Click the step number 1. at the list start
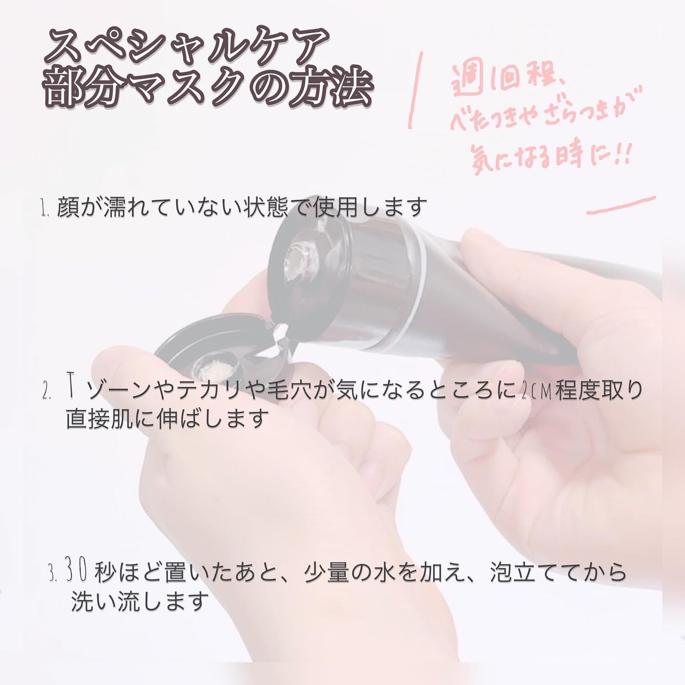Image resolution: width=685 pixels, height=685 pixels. click(46, 210)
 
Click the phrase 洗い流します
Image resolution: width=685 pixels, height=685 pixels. click(140, 601)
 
